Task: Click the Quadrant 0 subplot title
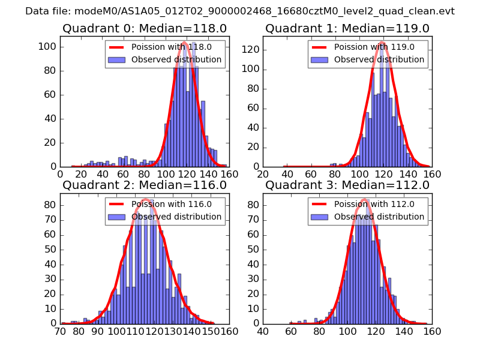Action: pyautogui.click(x=144, y=28)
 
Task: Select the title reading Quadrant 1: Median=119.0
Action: pyautogui.click(x=347, y=28)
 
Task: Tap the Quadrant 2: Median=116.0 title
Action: pyautogui.click(x=144, y=185)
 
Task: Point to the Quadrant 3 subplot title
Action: pyautogui.click(x=347, y=185)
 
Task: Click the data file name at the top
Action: pyautogui.click(x=240, y=11)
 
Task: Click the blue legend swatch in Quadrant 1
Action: pyautogui.click(x=320, y=60)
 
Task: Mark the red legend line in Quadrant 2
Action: pyautogui.click(x=117, y=204)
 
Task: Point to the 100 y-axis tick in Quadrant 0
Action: pyautogui.click(x=49, y=47)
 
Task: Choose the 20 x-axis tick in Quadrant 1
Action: pyautogui.click(x=263, y=174)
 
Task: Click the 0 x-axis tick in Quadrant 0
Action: pyautogui.click(x=60, y=174)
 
